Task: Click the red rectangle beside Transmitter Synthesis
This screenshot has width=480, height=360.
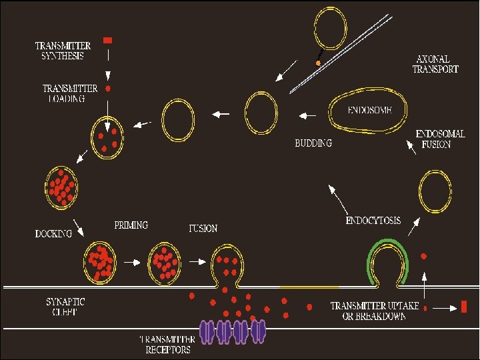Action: [x=108, y=41]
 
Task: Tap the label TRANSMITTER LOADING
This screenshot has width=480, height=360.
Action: [x=69, y=93]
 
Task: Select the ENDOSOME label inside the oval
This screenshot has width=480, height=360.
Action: [x=369, y=109]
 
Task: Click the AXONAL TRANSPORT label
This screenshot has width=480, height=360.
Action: [x=435, y=63]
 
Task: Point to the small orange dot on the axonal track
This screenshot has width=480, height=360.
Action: [x=319, y=63]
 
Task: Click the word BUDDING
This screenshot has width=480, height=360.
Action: [x=313, y=143]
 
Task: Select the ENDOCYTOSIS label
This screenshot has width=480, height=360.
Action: [x=373, y=220]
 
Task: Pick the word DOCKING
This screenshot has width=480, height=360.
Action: [x=53, y=234]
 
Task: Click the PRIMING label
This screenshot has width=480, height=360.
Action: [x=131, y=225]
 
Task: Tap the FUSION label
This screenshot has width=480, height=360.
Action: [x=203, y=229]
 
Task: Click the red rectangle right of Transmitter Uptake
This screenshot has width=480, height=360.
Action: [x=463, y=307]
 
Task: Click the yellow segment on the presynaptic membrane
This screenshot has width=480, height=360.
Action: [x=309, y=287]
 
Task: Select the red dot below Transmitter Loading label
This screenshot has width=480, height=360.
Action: [x=108, y=88]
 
